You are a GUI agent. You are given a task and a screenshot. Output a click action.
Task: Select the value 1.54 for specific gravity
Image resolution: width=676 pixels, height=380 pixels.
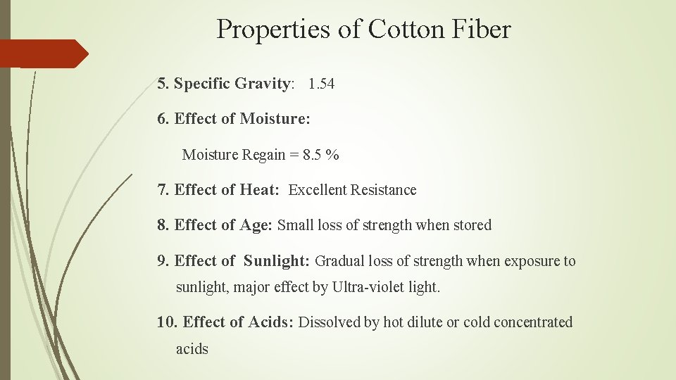point(321,84)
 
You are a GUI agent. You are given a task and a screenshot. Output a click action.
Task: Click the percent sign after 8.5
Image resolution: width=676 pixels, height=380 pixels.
point(332,155)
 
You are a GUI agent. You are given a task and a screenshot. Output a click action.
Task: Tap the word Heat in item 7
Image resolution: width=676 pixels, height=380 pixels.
point(259,190)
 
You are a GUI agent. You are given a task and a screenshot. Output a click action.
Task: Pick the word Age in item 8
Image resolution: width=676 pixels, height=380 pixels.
point(256,226)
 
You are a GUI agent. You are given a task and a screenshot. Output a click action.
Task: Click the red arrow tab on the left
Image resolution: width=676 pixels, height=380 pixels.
point(42,53)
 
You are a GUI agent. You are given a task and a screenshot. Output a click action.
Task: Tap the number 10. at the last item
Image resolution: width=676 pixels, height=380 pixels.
point(167,322)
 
